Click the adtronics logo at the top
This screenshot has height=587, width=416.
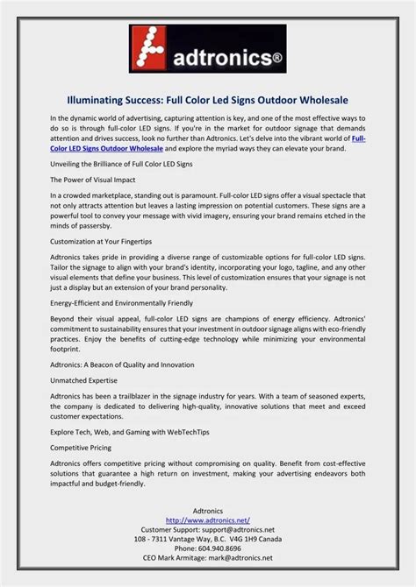click(x=208, y=50)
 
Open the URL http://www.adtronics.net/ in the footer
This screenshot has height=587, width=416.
click(x=208, y=520)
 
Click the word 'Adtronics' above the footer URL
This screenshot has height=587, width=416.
click(x=208, y=510)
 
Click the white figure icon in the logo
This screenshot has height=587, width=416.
click(x=155, y=48)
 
